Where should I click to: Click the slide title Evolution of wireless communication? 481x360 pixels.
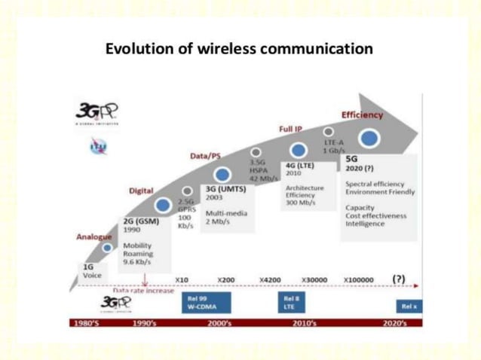(x=239, y=50)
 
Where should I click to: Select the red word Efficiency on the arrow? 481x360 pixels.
(x=362, y=115)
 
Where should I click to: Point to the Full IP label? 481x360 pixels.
(x=290, y=130)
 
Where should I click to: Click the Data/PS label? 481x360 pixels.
(x=205, y=156)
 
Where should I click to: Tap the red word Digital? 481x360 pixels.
(x=141, y=191)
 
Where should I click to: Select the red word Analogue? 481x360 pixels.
(x=93, y=236)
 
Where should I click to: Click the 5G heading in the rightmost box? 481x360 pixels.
(x=351, y=160)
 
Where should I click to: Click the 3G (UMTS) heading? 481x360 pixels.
(x=223, y=188)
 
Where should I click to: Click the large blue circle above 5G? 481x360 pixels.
(x=369, y=139)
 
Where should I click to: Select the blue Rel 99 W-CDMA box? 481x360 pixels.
(x=204, y=302)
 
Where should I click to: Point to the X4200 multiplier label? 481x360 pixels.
(x=270, y=279)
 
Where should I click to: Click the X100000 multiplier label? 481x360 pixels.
(x=358, y=279)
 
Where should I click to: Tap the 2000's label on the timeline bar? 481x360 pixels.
(x=224, y=323)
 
